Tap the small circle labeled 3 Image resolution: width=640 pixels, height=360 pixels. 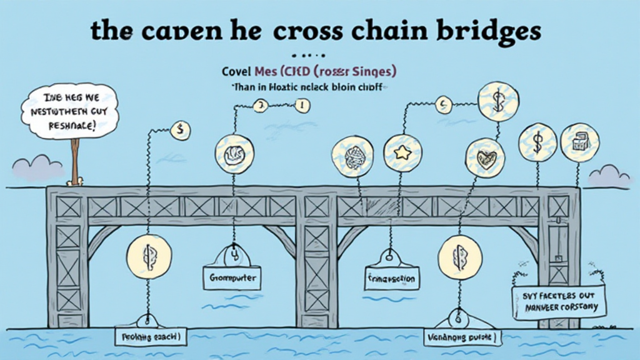(x=260, y=106)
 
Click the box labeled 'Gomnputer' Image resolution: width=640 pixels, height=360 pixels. (x=232, y=276)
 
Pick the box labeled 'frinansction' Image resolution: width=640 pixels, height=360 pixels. (x=392, y=277)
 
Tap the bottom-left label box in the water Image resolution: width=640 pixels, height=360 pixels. (x=147, y=336)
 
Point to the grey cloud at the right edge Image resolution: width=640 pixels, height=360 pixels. (x=608, y=177)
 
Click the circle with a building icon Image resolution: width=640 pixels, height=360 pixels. (x=580, y=142)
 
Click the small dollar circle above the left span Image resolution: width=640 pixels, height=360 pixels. (x=180, y=131)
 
